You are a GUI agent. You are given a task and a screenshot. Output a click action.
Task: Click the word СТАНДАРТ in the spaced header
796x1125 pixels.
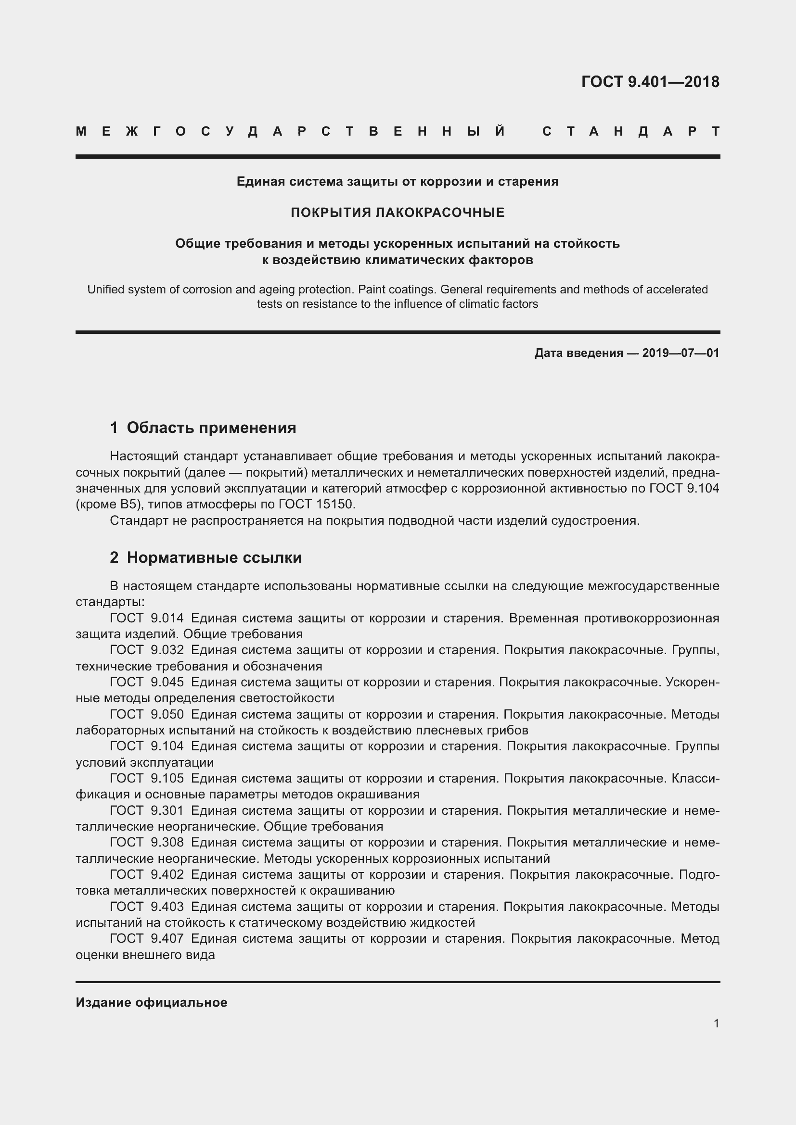click(x=631, y=131)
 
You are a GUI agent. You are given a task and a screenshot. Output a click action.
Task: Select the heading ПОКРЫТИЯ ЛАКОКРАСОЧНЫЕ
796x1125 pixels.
click(x=398, y=212)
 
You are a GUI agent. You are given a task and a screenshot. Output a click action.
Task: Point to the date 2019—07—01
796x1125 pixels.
click(x=680, y=353)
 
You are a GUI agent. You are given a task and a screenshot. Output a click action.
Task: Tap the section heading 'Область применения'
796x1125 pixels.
click(x=211, y=428)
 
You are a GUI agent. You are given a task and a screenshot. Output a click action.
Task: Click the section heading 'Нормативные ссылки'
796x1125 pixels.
click(x=214, y=557)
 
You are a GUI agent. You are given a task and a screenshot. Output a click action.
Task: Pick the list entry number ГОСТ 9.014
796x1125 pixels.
click(x=147, y=619)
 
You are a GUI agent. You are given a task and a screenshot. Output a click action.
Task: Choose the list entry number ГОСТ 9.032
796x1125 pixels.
click(x=147, y=650)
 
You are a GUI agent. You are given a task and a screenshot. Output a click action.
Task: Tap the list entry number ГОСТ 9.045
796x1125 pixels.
click(x=147, y=682)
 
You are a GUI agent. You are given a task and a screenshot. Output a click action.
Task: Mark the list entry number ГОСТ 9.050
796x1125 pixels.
click(x=147, y=714)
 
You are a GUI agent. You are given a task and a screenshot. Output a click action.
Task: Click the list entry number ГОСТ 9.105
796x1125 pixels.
click(x=147, y=779)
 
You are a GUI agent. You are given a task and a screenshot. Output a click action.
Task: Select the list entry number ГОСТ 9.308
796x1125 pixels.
click(x=147, y=842)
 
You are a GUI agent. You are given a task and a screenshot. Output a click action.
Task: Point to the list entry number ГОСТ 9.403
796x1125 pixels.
click(x=147, y=907)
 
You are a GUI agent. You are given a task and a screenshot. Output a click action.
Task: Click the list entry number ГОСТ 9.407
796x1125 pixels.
click(x=147, y=938)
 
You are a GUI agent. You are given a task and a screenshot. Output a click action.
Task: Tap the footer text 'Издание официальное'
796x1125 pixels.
click(x=152, y=1002)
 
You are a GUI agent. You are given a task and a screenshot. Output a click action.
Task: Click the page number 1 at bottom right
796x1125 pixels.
click(x=716, y=1023)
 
